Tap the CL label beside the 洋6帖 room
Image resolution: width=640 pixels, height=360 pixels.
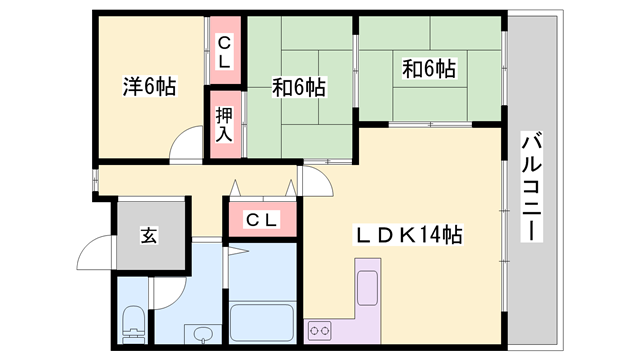coord(225,52)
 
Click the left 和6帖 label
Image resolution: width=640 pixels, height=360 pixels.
coord(299,88)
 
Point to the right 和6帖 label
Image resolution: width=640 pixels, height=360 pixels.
coord(429,69)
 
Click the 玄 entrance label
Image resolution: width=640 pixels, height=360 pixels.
coord(149,236)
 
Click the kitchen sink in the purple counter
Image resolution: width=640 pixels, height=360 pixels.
coord(366,283)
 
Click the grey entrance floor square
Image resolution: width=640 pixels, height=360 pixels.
coord(150,236)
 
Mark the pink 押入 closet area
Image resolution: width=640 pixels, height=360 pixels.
coord(225,124)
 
